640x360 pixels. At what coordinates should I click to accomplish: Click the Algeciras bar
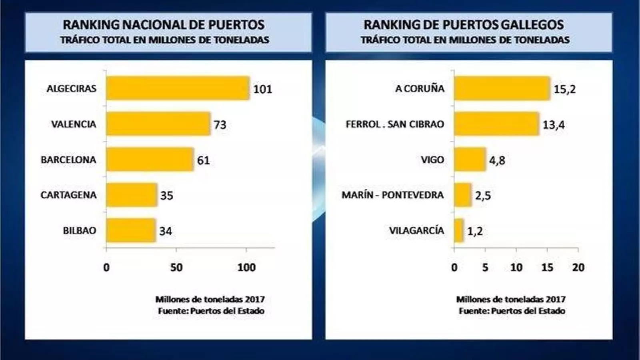[178, 88]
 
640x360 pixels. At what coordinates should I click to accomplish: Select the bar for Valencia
[158, 124]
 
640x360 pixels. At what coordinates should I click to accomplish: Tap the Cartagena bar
[132, 195]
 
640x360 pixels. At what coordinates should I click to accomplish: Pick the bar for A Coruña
[502, 88]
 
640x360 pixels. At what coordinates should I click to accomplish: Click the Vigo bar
[470, 159]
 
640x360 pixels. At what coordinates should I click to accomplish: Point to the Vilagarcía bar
[459, 230]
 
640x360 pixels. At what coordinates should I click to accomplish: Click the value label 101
[262, 89]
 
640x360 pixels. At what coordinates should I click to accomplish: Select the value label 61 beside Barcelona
[203, 160]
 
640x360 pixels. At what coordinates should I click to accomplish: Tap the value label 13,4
[554, 125]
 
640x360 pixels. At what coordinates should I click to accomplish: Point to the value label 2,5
[483, 196]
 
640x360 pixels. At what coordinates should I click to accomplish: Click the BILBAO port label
[80, 230]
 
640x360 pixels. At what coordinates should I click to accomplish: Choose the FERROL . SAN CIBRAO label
[395, 124]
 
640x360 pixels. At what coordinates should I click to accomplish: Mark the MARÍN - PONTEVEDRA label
[392, 195]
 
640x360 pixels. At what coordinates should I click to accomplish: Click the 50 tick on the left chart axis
[176, 267]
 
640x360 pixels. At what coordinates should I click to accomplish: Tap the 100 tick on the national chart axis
[246, 267]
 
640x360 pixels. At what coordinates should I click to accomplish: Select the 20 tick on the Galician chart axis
[578, 267]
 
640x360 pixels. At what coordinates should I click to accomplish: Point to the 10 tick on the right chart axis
[516, 267]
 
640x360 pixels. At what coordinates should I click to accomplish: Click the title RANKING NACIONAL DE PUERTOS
[164, 25]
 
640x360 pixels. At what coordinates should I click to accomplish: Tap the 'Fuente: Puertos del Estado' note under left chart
[211, 311]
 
